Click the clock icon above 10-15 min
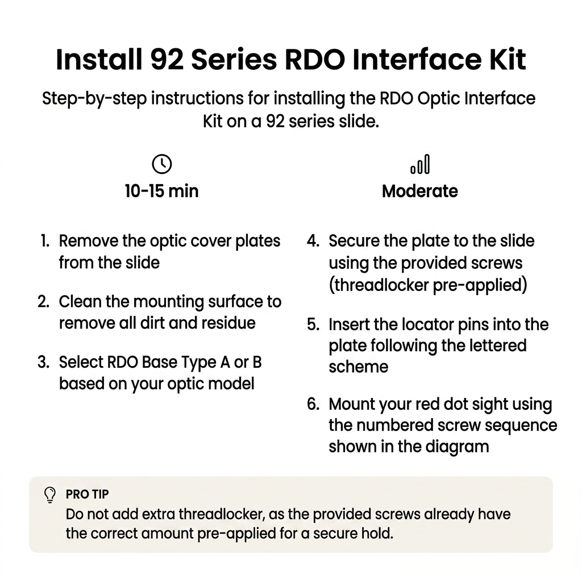tap(162, 164)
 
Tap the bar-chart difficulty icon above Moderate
tap(420, 164)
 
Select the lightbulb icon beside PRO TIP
tap(50, 495)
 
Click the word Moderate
tap(420, 191)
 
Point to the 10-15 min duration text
tap(161, 191)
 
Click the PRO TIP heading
tap(87, 494)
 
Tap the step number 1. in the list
tap(45, 241)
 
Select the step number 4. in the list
tap(313, 241)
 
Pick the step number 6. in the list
tap(313, 404)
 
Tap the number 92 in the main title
tap(167, 59)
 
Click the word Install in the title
tap(99, 59)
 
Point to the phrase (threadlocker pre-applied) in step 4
tap(428, 285)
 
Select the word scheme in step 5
tap(359, 367)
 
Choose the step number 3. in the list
tap(44, 362)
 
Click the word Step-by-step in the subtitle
tap(94, 99)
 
